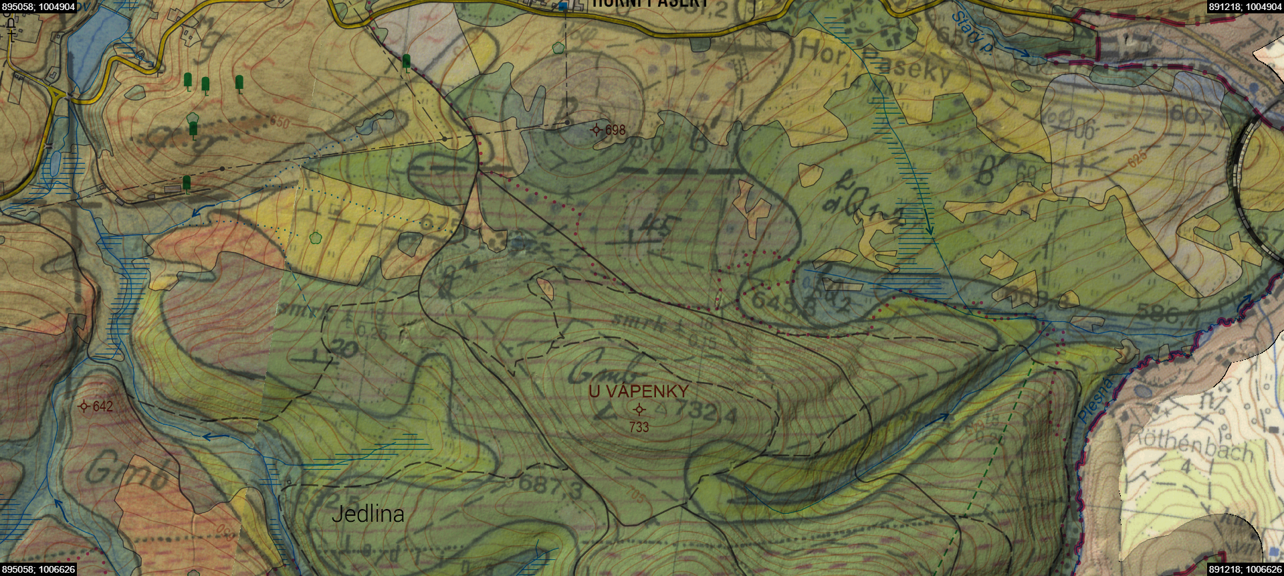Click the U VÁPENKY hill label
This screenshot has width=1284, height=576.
(638, 391)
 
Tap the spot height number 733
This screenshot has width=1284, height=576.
(639, 427)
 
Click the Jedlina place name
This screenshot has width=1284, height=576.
(368, 514)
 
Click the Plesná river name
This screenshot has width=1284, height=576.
(1095, 399)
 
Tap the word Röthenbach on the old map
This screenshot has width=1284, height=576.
(1190, 443)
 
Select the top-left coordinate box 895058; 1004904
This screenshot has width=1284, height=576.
(38, 6)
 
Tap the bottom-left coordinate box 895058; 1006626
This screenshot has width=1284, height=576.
(38, 569)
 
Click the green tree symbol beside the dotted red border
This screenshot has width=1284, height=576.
(407, 62)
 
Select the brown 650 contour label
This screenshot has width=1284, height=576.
(280, 123)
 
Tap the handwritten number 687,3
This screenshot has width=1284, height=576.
(550, 486)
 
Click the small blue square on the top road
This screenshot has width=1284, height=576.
(562, 6)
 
